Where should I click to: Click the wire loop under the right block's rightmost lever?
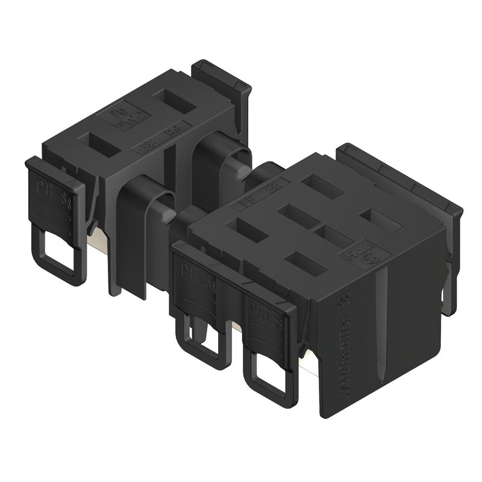pos(271,373)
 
